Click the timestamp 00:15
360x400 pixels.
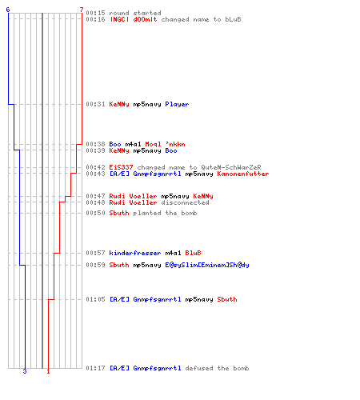point(95,13)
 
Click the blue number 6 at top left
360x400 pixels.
point(8,10)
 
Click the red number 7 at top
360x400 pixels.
point(82,10)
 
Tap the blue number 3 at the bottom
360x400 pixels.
point(25,371)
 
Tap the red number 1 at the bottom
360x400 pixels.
point(48,371)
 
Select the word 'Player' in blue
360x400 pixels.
point(177,104)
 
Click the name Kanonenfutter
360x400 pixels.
point(243,174)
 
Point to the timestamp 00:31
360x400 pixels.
point(95,104)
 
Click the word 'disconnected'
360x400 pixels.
point(185,202)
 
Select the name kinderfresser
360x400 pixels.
point(135,253)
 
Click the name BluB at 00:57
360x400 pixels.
point(193,253)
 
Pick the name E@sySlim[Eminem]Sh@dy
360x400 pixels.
point(207,265)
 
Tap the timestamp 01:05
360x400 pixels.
point(95,299)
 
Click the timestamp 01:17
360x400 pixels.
point(95,368)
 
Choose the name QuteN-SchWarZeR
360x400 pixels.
point(231,167)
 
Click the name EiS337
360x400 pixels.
point(121,167)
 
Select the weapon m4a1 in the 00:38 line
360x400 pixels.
point(133,144)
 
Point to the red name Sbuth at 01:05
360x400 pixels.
point(227,299)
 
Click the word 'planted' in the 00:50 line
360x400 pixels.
point(147,213)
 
